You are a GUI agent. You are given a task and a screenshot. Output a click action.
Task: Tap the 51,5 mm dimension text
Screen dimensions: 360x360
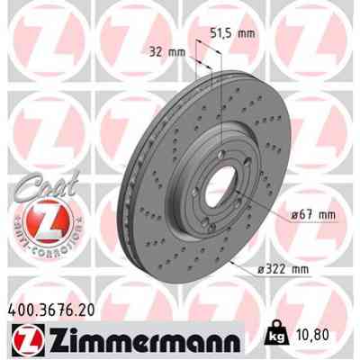click(232, 32)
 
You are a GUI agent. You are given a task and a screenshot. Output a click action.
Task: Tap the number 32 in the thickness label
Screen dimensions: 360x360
click(159, 50)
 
